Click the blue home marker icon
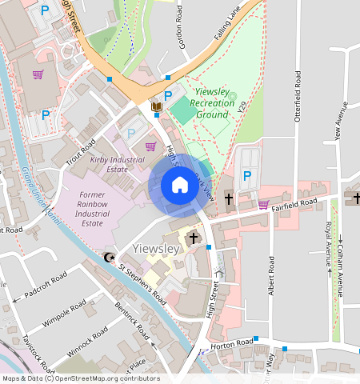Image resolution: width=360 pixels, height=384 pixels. (180, 185)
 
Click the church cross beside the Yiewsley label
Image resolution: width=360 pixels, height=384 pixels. (192, 238)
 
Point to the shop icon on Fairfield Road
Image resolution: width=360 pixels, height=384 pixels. (263, 204)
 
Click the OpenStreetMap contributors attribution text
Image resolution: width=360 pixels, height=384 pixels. (80, 378)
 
